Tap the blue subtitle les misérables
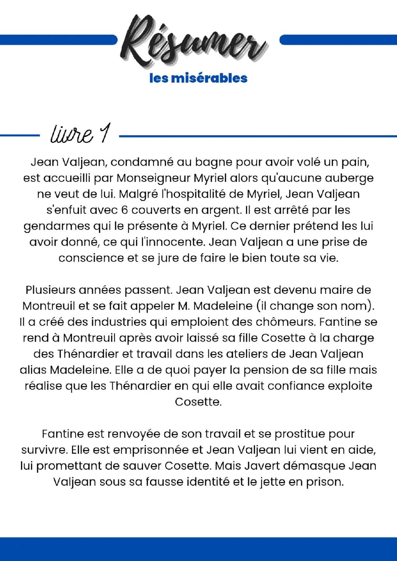(x=198, y=78)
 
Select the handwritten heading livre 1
(x=79, y=134)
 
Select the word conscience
(x=91, y=258)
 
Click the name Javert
(x=256, y=466)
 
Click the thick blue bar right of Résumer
(x=338, y=40)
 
